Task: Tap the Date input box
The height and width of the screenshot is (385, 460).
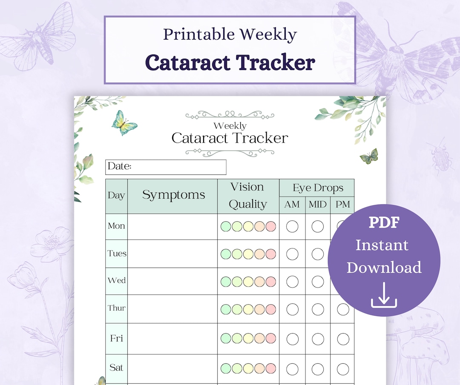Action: click(166, 167)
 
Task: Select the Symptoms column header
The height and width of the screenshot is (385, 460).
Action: click(173, 195)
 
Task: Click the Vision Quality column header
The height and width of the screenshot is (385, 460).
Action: click(247, 196)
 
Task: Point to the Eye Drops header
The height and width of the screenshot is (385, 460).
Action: click(317, 188)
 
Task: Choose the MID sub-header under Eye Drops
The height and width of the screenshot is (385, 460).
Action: click(317, 205)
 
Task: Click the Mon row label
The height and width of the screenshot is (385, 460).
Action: click(116, 226)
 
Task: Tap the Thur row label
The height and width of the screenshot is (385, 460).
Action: click(116, 308)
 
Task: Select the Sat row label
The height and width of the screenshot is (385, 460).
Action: click(116, 368)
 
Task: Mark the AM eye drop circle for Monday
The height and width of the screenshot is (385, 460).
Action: click(292, 226)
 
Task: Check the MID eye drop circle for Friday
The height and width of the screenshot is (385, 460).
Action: click(318, 339)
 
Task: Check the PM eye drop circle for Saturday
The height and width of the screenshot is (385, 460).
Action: click(343, 368)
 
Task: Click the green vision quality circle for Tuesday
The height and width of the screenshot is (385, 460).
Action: click(226, 254)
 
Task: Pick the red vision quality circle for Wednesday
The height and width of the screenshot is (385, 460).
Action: click(271, 281)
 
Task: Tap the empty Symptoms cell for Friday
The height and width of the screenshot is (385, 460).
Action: click(172, 339)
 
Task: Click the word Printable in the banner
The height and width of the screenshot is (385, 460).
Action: click(194, 34)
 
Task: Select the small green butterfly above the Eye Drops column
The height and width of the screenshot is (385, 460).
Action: click(369, 157)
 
